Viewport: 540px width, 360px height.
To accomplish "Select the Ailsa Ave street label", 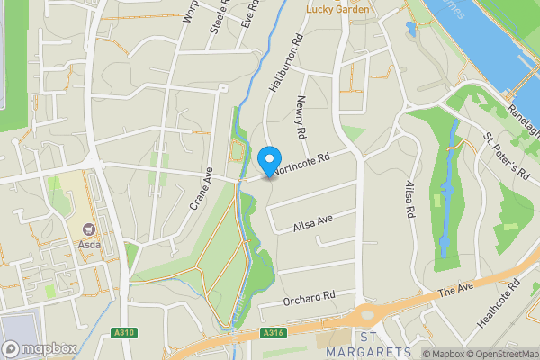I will tap(312, 221).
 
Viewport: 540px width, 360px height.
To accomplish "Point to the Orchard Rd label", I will tap(309, 295).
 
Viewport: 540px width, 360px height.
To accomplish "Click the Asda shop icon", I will tap(89, 231).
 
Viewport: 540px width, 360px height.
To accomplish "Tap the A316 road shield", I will tap(274, 333).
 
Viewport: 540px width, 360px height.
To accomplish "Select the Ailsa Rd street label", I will tap(409, 199).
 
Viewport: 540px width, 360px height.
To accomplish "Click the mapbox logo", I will tap(37, 349).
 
